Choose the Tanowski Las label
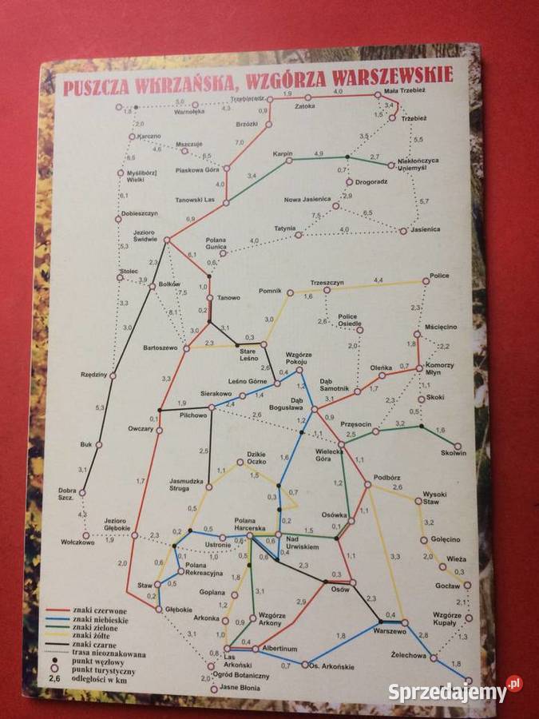click(197, 200)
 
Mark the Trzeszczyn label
click(327, 284)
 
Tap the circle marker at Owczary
click(159, 431)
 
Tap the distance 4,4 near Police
click(378, 279)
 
